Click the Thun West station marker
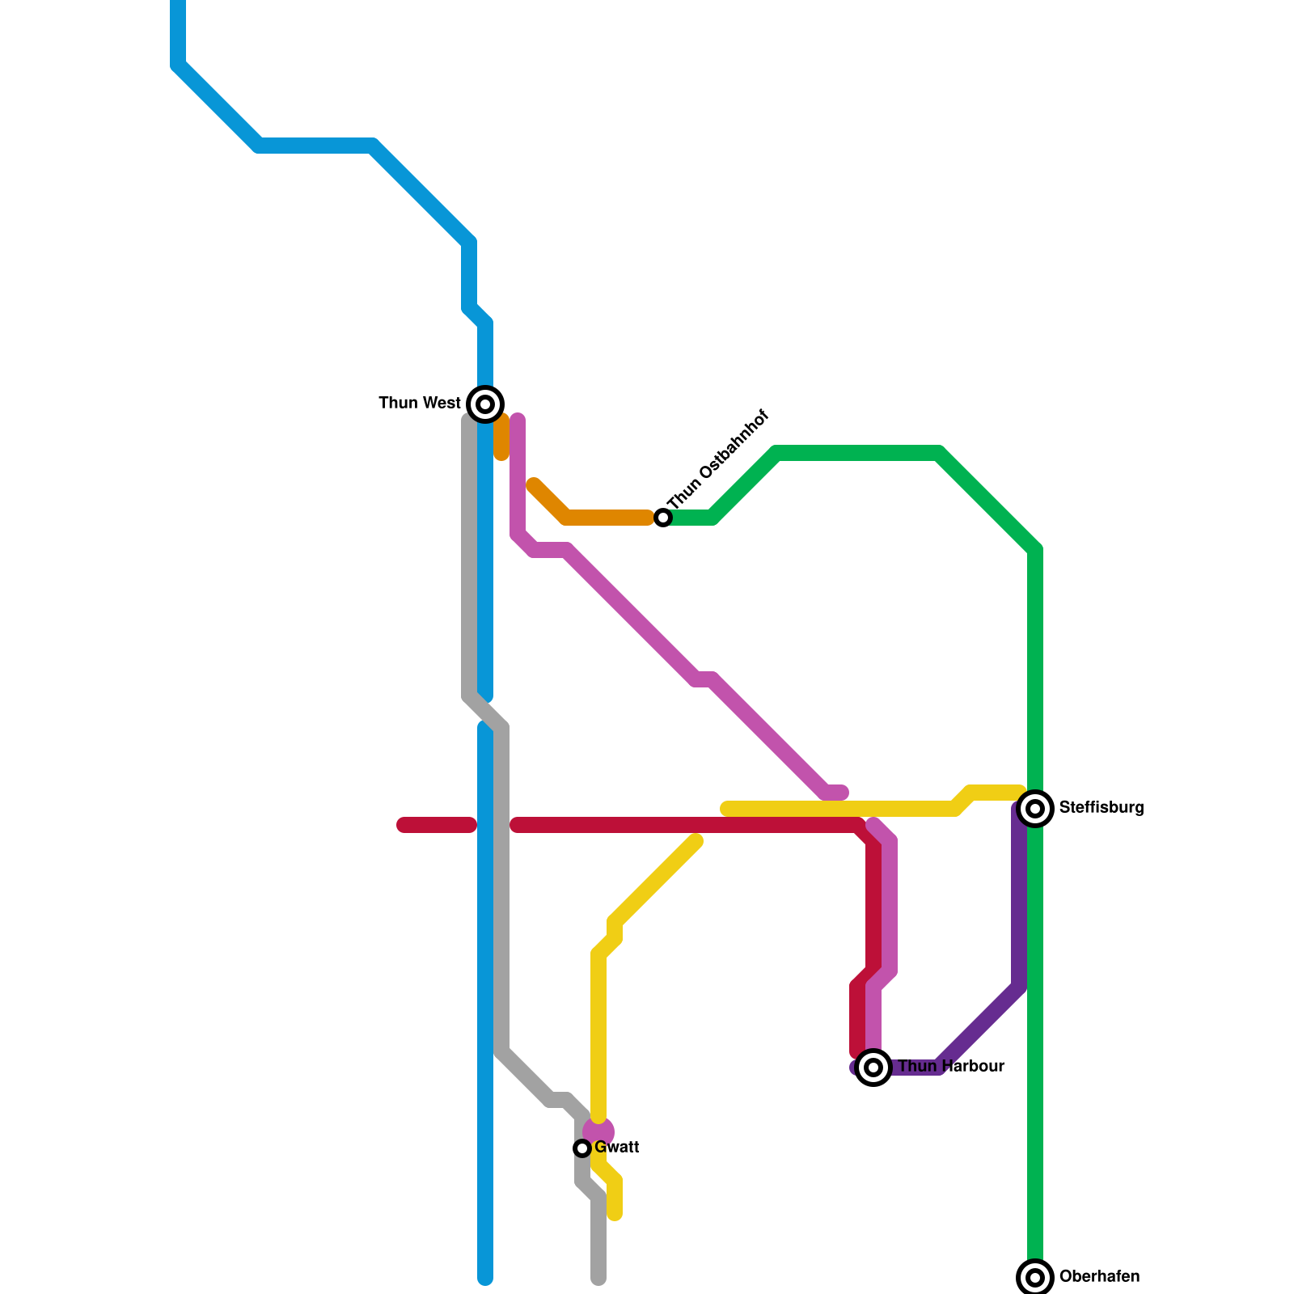[485, 404]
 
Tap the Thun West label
[420, 403]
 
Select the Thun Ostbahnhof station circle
[663, 518]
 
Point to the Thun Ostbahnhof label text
[718, 459]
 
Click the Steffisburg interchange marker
[1035, 808]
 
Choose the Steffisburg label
[1101, 807]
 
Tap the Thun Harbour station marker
[873, 1067]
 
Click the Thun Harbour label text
[951, 1066]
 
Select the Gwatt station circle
[582, 1148]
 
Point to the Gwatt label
[617, 1147]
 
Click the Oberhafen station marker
[1035, 1277]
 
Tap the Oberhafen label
[1099, 1276]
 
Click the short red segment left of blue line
[437, 825]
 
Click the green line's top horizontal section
[857, 453]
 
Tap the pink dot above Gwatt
[598, 1131]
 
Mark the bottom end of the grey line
[598, 1278]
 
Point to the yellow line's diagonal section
[655, 882]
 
